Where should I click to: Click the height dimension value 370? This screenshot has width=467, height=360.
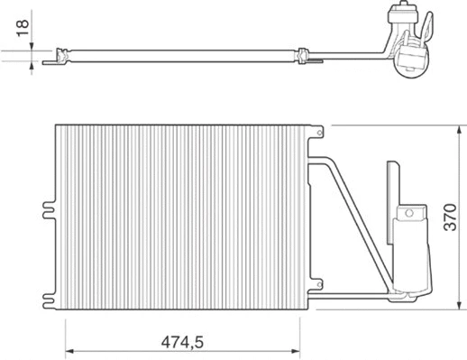pyautogui.click(x=453, y=217)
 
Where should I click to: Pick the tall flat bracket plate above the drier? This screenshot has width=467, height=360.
pyautogui.click(x=392, y=189)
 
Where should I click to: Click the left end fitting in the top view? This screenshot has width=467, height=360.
pyautogui.click(x=62, y=58)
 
